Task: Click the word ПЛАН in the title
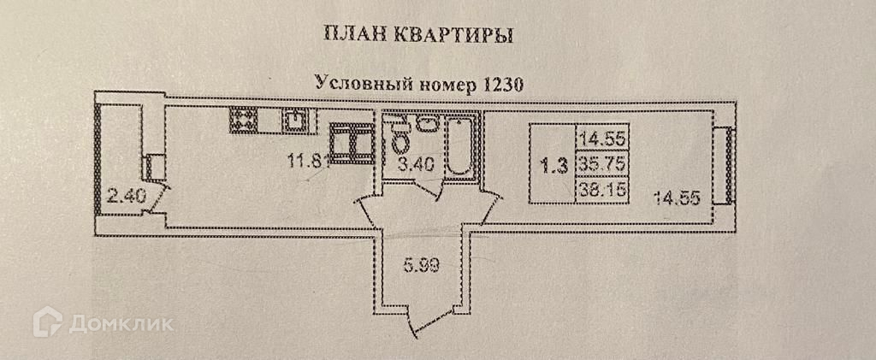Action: tap(346, 35)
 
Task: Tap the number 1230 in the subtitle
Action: tap(502, 84)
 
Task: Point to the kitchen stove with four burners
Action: tap(243, 119)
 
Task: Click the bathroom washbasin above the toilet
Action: tap(427, 125)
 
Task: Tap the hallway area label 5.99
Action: tap(421, 265)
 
